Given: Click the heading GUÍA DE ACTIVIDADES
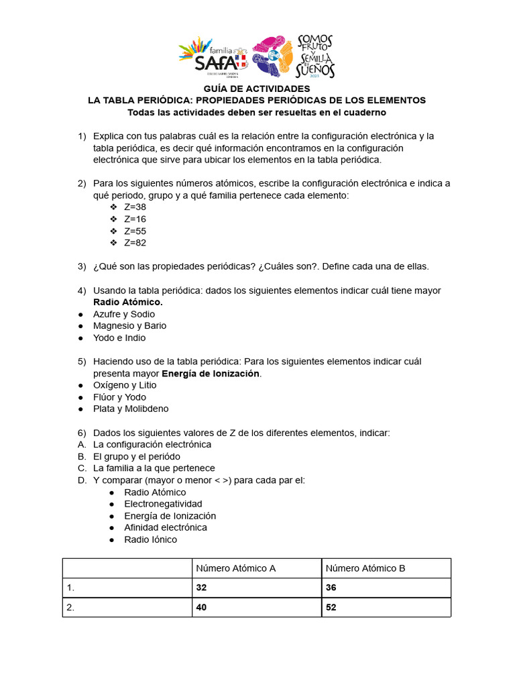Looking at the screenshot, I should pos(257,89).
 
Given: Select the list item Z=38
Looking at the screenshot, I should pos(135,207).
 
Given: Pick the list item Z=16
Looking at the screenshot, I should pos(135,219).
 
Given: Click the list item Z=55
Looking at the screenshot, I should pos(135,231).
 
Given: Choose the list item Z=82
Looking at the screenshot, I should pos(135,243).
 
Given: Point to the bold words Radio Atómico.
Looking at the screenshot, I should pos(127,303).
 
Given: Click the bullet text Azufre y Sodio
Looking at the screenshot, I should pos(124,314).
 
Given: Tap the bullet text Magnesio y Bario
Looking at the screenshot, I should pos(129,326).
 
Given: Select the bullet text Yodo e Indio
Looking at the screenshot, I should pos(119,338).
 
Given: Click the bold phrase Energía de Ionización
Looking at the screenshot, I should pos(211,374).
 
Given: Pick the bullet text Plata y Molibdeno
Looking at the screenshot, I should pos(131,409).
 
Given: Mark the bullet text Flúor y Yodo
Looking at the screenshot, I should pos(119,397).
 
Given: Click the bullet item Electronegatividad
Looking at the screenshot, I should pos(163,504).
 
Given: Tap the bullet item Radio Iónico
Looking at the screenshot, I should pos(151,539).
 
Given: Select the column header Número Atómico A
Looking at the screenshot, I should pos(235,568).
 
